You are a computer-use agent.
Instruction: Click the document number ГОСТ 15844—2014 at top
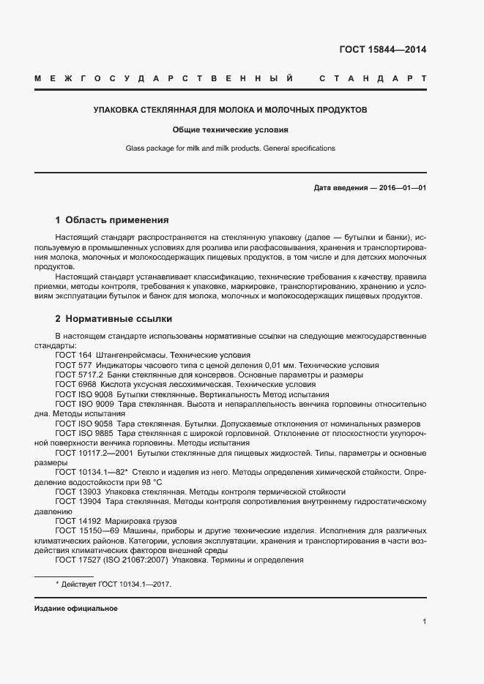382,50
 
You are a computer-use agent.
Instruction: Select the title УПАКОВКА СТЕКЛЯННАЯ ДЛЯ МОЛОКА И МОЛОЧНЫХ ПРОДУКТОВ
230,110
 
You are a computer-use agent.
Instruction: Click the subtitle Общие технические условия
230,129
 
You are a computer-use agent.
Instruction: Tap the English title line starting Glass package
230,149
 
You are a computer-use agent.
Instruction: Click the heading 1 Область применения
112,219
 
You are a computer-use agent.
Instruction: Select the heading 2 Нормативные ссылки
113,319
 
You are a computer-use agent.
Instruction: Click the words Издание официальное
75,609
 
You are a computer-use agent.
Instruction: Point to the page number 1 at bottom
424,621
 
